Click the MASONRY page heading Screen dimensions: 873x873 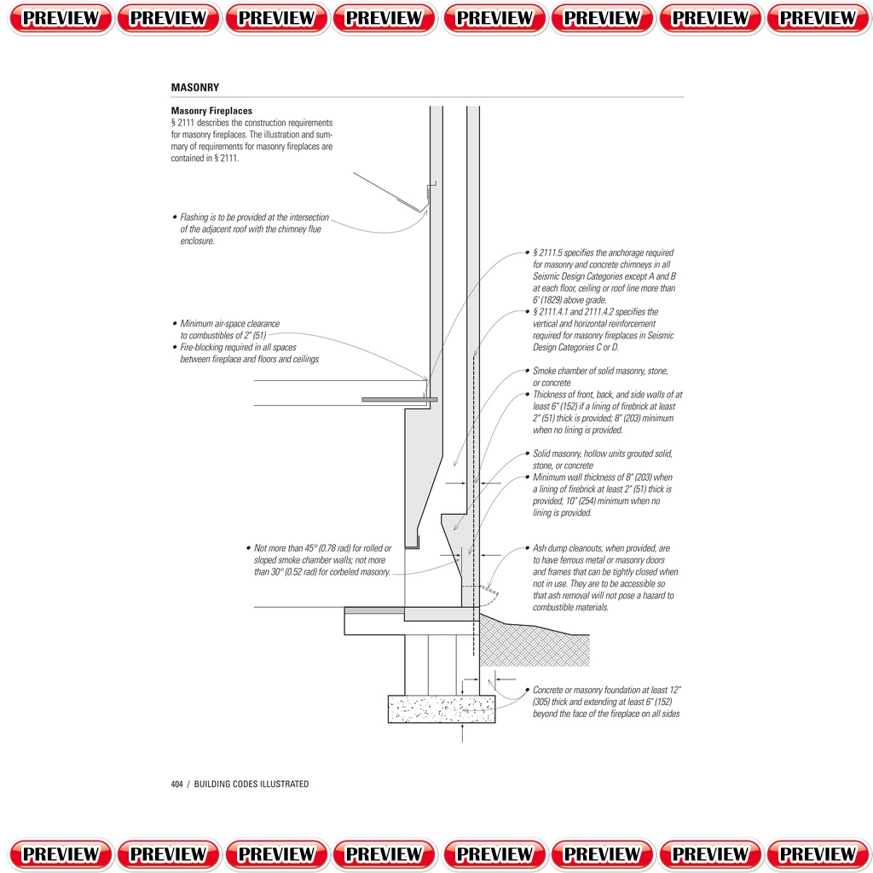point(194,88)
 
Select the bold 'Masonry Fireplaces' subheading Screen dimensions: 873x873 point(211,111)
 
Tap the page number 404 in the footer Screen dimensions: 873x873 point(177,784)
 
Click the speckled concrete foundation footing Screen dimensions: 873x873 point(441,708)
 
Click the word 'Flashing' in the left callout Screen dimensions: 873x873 point(196,217)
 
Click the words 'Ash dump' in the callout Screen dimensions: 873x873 point(551,548)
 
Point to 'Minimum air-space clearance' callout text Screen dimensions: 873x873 point(230,324)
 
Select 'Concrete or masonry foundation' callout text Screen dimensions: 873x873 point(589,690)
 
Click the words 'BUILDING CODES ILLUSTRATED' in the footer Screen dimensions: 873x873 point(251,784)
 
